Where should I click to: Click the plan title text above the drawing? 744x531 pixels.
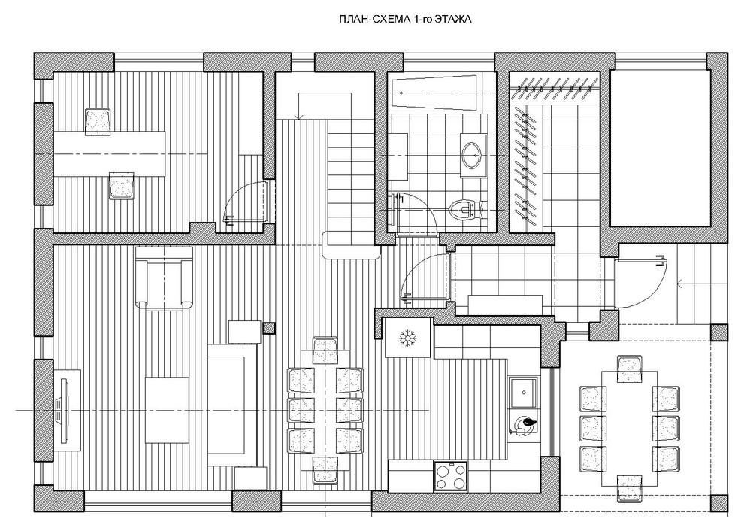(405, 20)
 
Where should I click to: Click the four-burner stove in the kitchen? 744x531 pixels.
(451, 476)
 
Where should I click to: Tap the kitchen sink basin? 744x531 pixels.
(523, 393)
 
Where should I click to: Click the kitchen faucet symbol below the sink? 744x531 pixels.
(524, 424)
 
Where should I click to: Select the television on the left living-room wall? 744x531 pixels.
(61, 409)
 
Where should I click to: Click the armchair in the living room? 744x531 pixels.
(164, 278)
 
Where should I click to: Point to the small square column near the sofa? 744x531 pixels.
(269, 328)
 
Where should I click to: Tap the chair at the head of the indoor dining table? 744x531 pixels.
(325, 350)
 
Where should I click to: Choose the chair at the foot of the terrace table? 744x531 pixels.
(630, 489)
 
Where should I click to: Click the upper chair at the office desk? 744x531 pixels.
(98, 122)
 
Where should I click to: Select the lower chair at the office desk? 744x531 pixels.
(122, 185)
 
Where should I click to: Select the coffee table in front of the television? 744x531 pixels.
(167, 410)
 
